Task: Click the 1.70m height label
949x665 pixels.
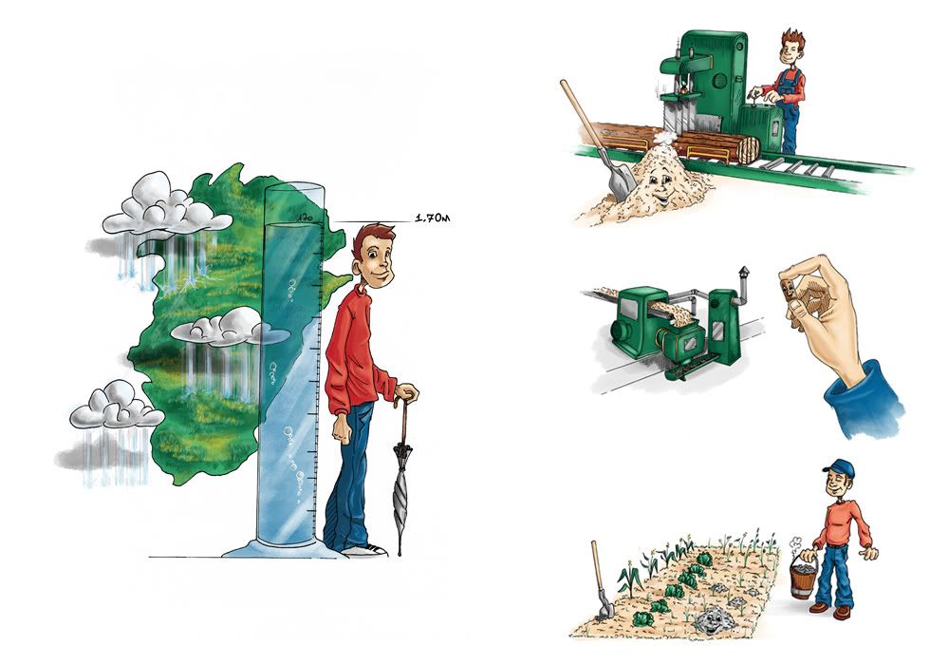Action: tap(432, 218)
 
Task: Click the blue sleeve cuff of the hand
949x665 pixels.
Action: tap(865, 397)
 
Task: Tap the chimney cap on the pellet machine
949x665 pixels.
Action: tap(743, 272)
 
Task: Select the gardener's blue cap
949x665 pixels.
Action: tap(839, 467)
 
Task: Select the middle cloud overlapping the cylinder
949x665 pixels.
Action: tap(227, 328)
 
